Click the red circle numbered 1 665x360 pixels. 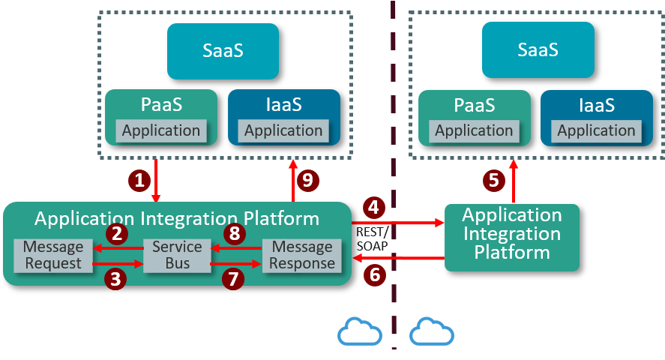(x=139, y=180)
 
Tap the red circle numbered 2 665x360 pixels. (x=116, y=233)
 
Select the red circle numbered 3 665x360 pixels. (x=115, y=280)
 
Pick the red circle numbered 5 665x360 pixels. (x=493, y=180)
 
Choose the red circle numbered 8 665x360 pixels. (x=235, y=234)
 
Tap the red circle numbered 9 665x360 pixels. (x=306, y=180)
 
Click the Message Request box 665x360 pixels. (x=52, y=255)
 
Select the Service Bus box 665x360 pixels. (x=177, y=255)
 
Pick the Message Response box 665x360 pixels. (x=302, y=255)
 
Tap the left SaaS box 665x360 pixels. (x=223, y=51)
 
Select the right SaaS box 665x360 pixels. (x=538, y=49)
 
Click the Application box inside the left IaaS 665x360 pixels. (x=283, y=130)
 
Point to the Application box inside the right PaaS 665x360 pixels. (x=474, y=130)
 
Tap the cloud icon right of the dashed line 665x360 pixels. (x=432, y=331)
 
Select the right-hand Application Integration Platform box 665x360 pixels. (x=512, y=234)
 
